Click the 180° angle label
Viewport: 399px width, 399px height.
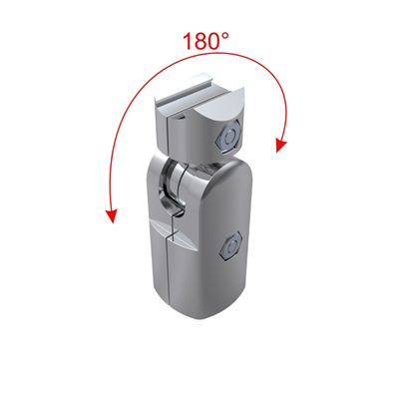coord(205,42)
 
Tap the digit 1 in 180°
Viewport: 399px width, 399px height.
coord(188,43)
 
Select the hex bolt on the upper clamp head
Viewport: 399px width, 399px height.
coord(231,135)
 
